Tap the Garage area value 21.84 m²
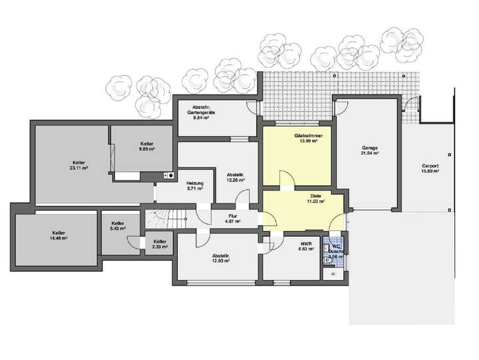click(370, 153)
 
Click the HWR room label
click(306, 244)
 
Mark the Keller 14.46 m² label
click(58, 234)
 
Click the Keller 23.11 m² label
click(79, 165)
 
